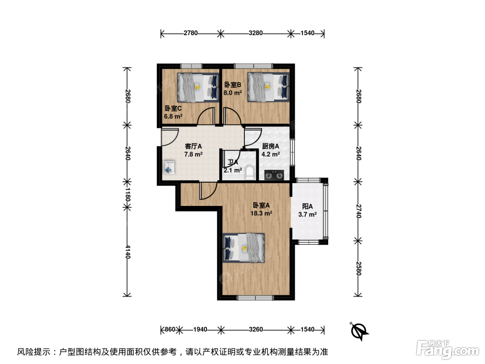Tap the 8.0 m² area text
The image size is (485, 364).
(x=232, y=93)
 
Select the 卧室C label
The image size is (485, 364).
(x=173, y=108)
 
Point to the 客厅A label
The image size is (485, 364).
(x=193, y=146)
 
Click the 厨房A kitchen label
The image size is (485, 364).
(x=271, y=146)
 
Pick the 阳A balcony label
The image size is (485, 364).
(x=307, y=206)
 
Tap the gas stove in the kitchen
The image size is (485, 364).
(x=274, y=175)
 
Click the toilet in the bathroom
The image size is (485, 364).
(x=250, y=173)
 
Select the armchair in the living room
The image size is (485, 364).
(x=169, y=167)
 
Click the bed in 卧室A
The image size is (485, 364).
(x=244, y=248)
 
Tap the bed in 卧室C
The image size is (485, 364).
(x=198, y=88)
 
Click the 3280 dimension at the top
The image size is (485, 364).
(x=256, y=33)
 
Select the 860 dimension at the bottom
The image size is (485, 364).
(x=170, y=330)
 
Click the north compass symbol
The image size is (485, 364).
(x=359, y=331)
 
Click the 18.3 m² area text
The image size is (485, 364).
(x=261, y=214)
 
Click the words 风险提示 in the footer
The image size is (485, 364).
(x=34, y=352)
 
